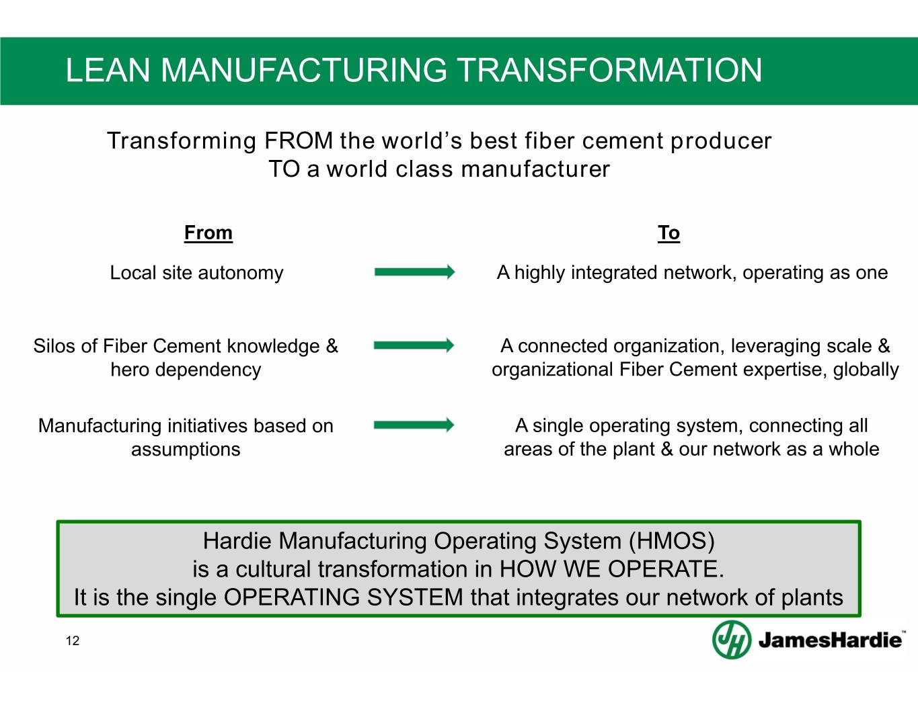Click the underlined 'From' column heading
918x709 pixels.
tap(208, 233)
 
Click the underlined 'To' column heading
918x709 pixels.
tap(668, 233)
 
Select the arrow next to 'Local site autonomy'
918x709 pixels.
tap(415, 272)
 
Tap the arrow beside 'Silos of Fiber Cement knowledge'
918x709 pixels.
tap(414, 345)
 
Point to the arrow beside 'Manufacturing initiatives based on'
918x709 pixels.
tap(414, 425)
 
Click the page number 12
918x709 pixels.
tap(73, 640)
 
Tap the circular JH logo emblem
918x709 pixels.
tap(732, 639)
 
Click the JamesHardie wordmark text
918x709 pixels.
tap(830, 640)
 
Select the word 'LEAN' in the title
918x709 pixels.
tap(108, 70)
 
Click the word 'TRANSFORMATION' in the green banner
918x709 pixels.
tap(610, 70)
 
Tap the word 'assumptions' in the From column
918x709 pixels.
tap(186, 450)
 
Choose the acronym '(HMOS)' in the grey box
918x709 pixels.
tap(672, 540)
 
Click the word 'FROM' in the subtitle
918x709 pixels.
tap(299, 140)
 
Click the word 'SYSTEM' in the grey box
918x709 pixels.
tap(415, 597)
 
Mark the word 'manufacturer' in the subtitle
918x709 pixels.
tap(535, 169)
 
